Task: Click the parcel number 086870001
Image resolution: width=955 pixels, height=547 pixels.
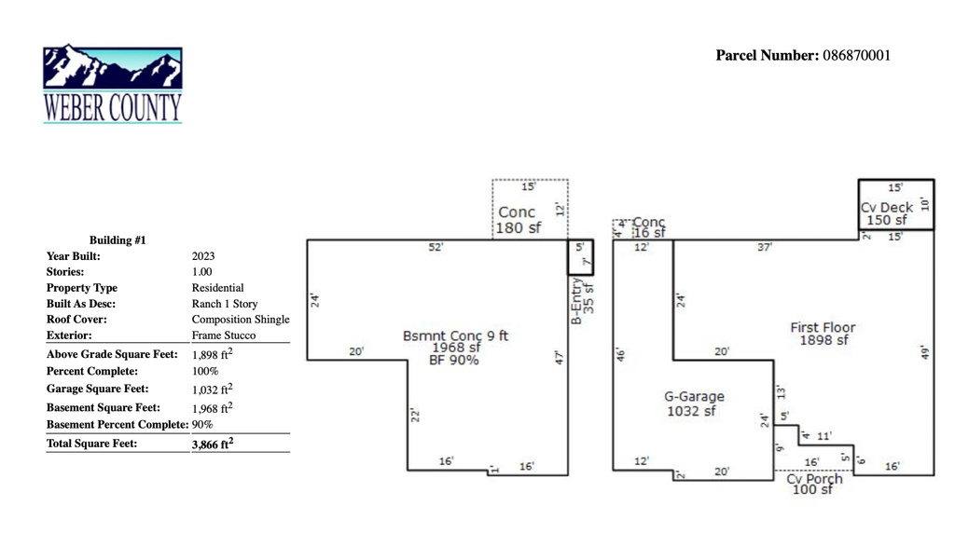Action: click(856, 55)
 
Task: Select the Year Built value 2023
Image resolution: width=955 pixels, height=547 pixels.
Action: click(203, 256)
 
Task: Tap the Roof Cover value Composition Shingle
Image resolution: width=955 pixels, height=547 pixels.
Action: click(241, 320)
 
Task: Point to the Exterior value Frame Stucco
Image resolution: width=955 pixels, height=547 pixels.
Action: click(224, 335)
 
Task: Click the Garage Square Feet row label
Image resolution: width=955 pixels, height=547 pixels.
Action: click(97, 389)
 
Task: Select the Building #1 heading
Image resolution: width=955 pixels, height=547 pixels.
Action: click(118, 240)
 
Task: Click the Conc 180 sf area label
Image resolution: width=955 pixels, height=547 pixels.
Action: click(518, 220)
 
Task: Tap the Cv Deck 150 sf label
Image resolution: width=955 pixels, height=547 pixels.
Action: click(887, 213)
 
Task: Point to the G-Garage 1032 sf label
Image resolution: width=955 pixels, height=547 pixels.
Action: click(694, 403)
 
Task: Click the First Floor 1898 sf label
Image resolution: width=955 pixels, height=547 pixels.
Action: click(823, 334)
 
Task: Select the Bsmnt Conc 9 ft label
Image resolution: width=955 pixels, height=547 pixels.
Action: click(455, 335)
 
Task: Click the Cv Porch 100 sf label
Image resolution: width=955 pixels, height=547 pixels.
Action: click(814, 484)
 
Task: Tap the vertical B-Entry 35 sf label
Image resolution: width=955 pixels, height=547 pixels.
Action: click(582, 301)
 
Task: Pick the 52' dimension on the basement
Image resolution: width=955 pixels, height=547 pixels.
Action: click(436, 247)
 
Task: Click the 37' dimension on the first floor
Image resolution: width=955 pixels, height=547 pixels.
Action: click(765, 247)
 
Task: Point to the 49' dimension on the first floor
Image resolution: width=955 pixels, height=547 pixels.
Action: click(925, 352)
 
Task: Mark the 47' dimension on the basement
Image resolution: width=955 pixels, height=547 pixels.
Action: click(560, 357)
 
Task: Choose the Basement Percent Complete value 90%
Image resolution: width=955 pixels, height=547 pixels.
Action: click(202, 425)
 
